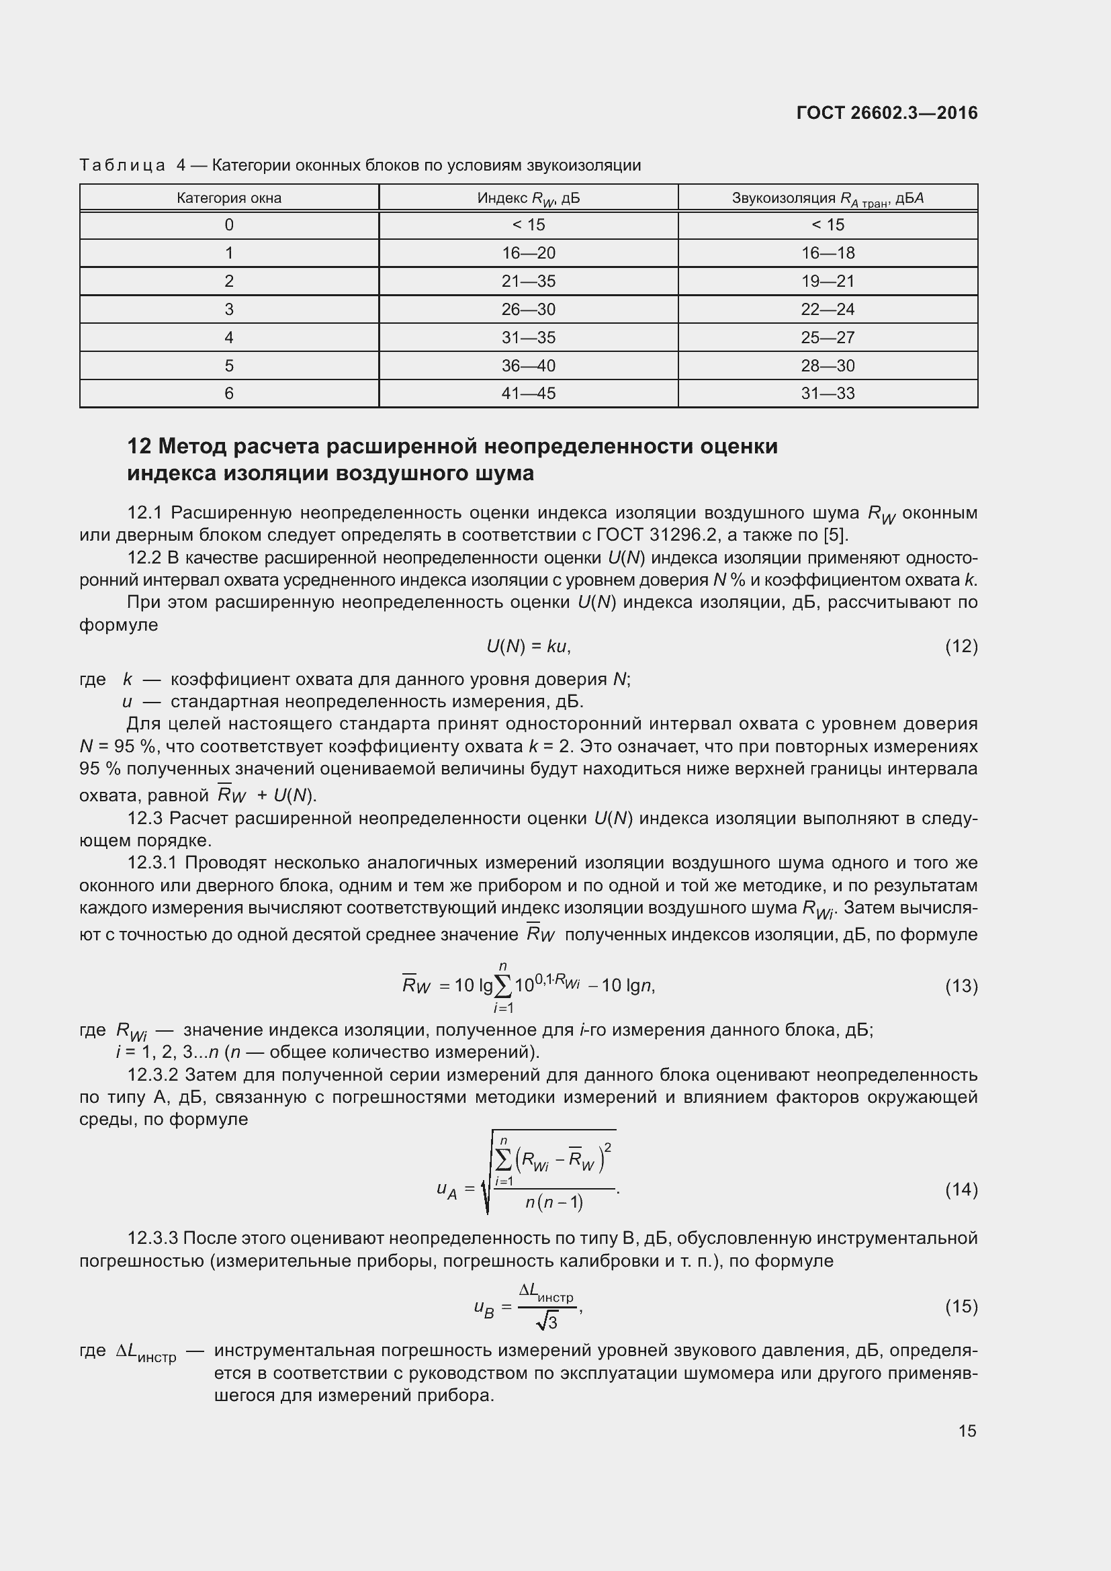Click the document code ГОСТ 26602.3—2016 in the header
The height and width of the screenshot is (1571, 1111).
pos(887,113)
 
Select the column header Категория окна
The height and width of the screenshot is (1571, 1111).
pos(228,197)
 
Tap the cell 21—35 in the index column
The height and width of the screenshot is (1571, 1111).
pos(528,281)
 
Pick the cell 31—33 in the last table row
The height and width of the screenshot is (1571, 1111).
pos(828,394)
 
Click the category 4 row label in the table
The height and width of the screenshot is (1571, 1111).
pos(228,337)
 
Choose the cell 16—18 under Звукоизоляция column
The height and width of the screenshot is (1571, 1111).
pos(828,253)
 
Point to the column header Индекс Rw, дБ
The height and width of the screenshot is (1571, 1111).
pos(528,198)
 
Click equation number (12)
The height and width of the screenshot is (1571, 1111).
pos(961,646)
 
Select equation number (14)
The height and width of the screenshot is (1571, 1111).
pos(961,1190)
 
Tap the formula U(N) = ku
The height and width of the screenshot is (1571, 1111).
pos(527,646)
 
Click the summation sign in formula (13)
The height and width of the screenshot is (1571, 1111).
pos(503,986)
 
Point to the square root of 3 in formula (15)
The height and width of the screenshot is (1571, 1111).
pos(547,1322)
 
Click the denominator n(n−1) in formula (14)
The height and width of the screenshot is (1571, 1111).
pos(554,1202)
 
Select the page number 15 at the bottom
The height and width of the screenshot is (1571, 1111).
pos(967,1430)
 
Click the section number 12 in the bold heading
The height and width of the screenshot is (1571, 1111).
pos(139,446)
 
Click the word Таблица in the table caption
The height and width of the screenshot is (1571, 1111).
pos(122,165)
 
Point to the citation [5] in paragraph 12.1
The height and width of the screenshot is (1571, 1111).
pos(834,535)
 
